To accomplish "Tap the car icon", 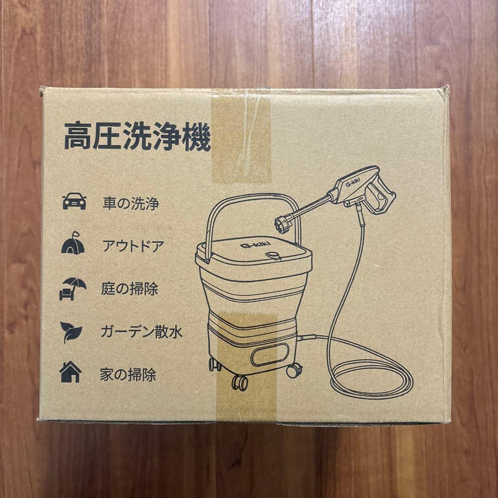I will [x=74, y=202].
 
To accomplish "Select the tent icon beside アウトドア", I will [x=73, y=244].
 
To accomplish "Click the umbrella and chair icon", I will [x=72, y=288].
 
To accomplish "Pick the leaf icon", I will [x=71, y=331].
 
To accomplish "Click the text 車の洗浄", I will [x=130, y=203].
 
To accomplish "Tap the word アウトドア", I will [x=132, y=246].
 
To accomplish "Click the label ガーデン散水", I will [x=141, y=332].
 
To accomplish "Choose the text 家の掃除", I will [x=128, y=374].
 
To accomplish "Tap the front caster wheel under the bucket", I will [x=240, y=381].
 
